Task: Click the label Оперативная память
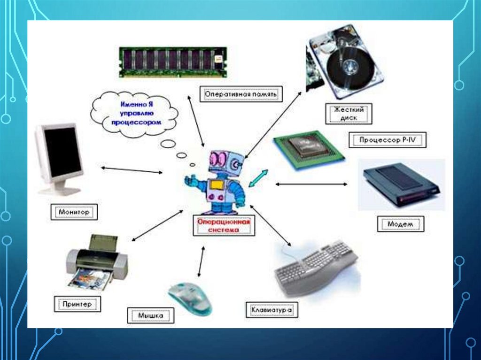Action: (241, 94)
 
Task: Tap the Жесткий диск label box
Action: (349, 114)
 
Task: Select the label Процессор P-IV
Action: (388, 140)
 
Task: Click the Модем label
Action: (400, 224)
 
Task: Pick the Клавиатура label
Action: (272, 310)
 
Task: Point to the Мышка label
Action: (151, 315)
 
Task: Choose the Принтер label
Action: (76, 304)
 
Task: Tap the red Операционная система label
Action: (224, 226)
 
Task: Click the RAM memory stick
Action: (172, 61)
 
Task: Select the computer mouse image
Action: (190, 298)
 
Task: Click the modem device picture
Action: (401, 184)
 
